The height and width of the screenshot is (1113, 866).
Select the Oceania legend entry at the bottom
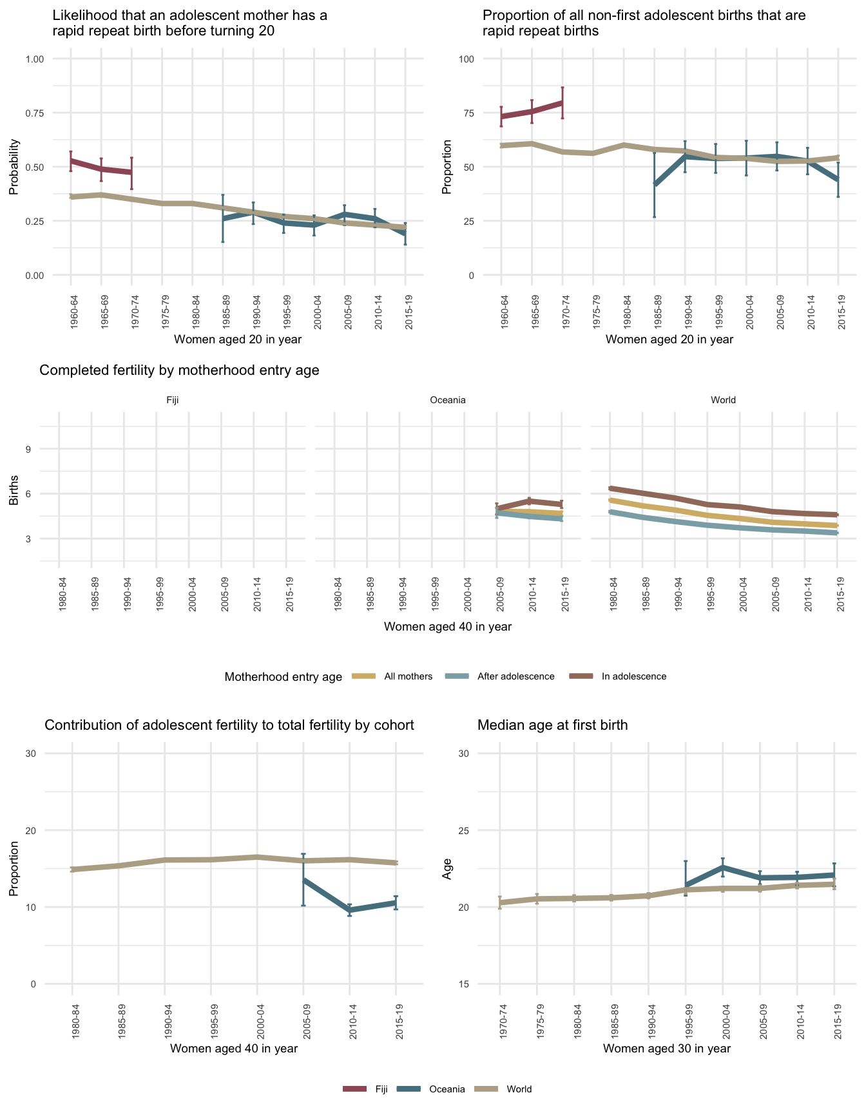[447, 1089]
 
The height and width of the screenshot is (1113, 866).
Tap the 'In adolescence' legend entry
[633, 676]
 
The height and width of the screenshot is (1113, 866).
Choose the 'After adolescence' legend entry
[515, 676]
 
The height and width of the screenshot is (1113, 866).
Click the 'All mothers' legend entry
[408, 676]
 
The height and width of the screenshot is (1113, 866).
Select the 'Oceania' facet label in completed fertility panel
[447, 400]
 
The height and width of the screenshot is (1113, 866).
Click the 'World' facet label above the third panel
[723, 400]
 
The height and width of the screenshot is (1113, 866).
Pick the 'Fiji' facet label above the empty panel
[172, 400]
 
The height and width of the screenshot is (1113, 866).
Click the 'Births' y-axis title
[14, 493]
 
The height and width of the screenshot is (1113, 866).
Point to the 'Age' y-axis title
[446, 868]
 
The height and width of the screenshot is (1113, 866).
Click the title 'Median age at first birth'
[552, 725]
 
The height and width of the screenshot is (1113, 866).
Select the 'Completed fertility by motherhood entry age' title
[179, 370]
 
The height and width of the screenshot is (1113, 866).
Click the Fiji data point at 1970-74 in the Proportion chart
[563, 102]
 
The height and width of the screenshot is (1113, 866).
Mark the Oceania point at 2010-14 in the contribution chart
[349, 910]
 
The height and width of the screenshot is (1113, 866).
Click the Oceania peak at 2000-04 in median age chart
[723, 867]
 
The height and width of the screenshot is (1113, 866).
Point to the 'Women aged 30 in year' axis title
[667, 1048]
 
